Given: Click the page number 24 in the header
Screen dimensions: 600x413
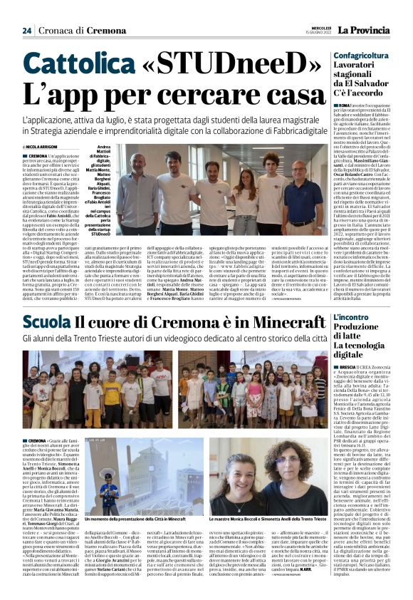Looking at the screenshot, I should pos(27,30).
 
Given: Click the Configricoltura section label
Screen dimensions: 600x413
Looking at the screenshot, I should pos(361,55).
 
